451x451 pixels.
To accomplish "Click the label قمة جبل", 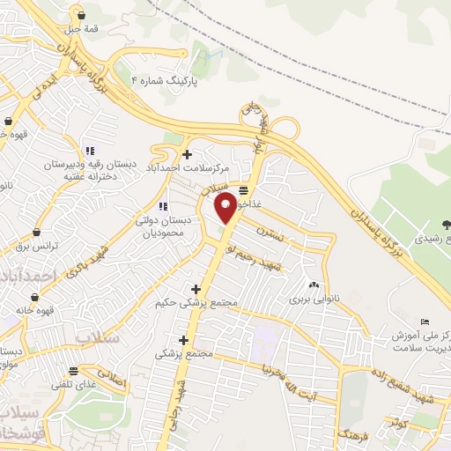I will [x=81, y=28].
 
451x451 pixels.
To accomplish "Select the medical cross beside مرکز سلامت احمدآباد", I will [x=188, y=154].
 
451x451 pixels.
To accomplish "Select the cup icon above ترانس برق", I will [x=37, y=232].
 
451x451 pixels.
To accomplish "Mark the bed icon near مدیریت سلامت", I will [x=425, y=321].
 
